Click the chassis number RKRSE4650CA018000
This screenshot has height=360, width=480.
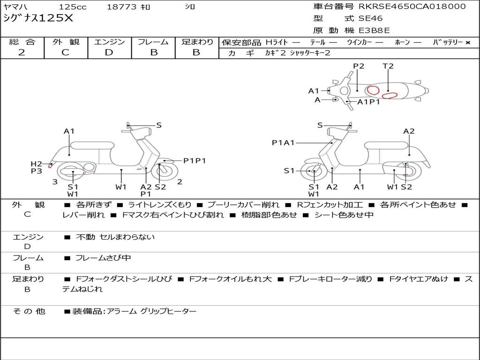412,7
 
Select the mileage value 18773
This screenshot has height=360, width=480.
121,7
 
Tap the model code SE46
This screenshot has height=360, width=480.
370,19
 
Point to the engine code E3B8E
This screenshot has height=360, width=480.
375,31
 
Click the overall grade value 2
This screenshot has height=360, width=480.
22,52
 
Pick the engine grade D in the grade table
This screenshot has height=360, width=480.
109,52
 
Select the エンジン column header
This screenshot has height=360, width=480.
109,42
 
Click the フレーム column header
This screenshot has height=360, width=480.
153,42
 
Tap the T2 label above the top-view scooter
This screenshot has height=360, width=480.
388,66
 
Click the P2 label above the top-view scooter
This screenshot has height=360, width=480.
359,66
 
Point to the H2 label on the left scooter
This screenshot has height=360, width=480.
37,164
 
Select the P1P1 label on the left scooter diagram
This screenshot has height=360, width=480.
195,161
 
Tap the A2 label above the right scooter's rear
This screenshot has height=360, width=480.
409,131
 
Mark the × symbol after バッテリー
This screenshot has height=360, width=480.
467,43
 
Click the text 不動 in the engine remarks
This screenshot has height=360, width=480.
84,237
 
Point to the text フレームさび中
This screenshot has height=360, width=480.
103,258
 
